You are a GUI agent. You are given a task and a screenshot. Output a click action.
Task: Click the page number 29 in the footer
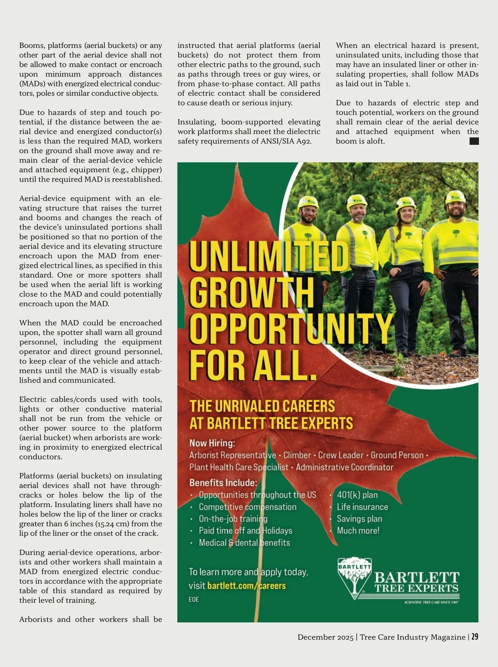tap(475, 637)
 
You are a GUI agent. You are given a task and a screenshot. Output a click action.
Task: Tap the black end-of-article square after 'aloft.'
tap(474, 141)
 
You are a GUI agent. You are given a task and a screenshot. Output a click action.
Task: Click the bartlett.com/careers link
tap(246, 586)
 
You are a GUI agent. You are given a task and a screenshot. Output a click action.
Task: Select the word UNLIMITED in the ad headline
tap(269, 257)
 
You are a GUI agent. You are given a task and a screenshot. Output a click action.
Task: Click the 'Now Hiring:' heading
tap(212, 443)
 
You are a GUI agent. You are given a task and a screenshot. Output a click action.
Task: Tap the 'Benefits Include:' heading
tap(223, 483)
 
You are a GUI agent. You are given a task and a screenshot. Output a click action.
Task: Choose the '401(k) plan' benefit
tap(357, 495)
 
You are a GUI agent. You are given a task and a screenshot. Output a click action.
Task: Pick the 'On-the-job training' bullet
tap(233, 519)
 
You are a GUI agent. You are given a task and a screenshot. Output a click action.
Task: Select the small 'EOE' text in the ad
tap(194, 599)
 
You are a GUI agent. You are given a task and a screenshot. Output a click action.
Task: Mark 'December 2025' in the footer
tap(325, 637)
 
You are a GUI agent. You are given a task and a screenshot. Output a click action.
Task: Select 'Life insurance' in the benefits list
tap(362, 507)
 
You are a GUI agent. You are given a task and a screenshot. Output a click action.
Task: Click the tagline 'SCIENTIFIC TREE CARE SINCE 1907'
tap(431, 602)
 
